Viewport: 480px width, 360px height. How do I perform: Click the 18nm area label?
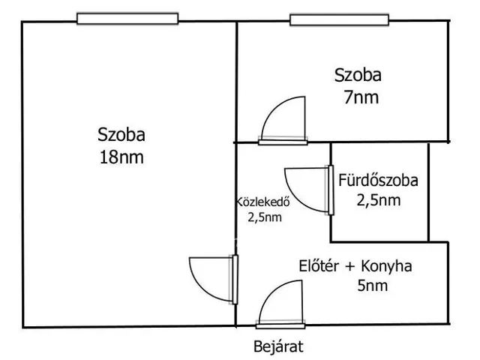click(121, 157)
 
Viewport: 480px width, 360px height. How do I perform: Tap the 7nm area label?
click(361, 97)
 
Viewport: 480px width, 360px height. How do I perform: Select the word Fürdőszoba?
click(378, 180)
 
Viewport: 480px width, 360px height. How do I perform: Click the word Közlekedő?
click(263, 202)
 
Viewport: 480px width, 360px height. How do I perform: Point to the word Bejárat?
click(278, 346)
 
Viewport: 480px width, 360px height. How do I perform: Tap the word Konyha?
click(386, 266)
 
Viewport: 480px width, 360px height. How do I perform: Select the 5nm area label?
click(372, 285)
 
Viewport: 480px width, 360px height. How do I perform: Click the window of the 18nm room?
click(127, 19)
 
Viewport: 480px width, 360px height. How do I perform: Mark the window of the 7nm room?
click(339, 20)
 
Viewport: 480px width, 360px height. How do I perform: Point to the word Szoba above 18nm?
click(121, 135)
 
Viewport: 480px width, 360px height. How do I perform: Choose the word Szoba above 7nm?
click(358, 75)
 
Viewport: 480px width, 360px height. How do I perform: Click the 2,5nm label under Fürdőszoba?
click(379, 200)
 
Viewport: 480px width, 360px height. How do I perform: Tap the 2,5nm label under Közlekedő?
click(265, 217)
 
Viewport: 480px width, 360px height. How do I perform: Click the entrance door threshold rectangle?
click(280, 326)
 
